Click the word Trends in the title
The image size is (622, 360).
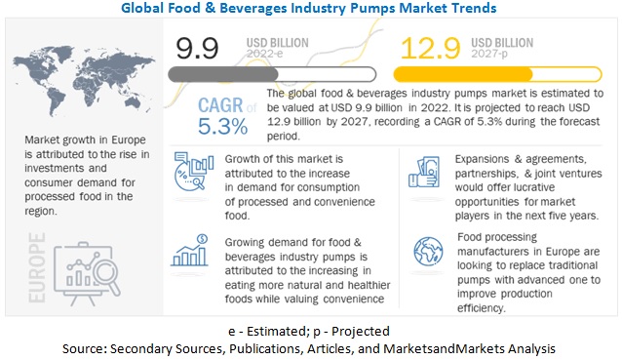tap(466, 9)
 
